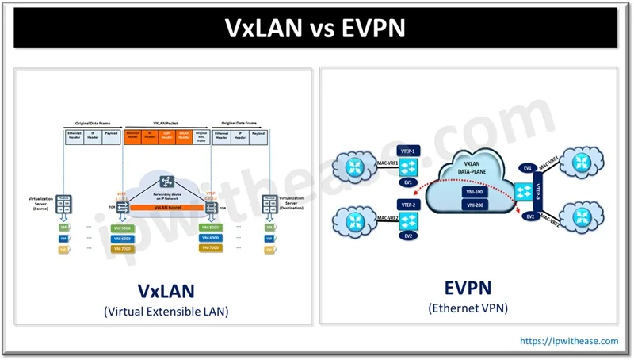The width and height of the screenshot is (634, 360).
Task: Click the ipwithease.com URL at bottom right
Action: click(569, 341)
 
